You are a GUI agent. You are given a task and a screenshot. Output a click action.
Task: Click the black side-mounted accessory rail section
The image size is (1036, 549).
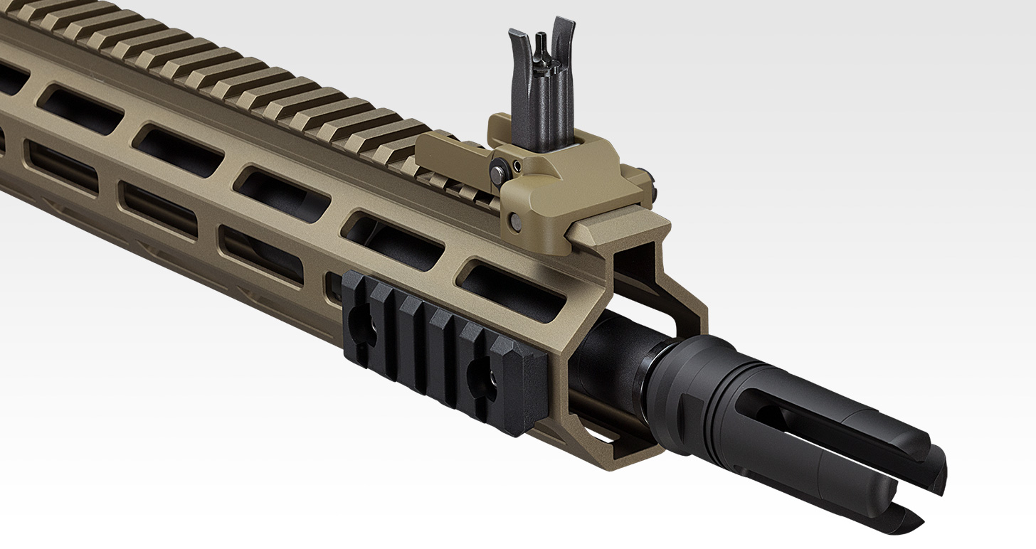[x=441, y=348]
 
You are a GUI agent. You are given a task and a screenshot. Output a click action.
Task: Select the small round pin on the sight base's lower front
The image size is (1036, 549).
[x=517, y=221]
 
